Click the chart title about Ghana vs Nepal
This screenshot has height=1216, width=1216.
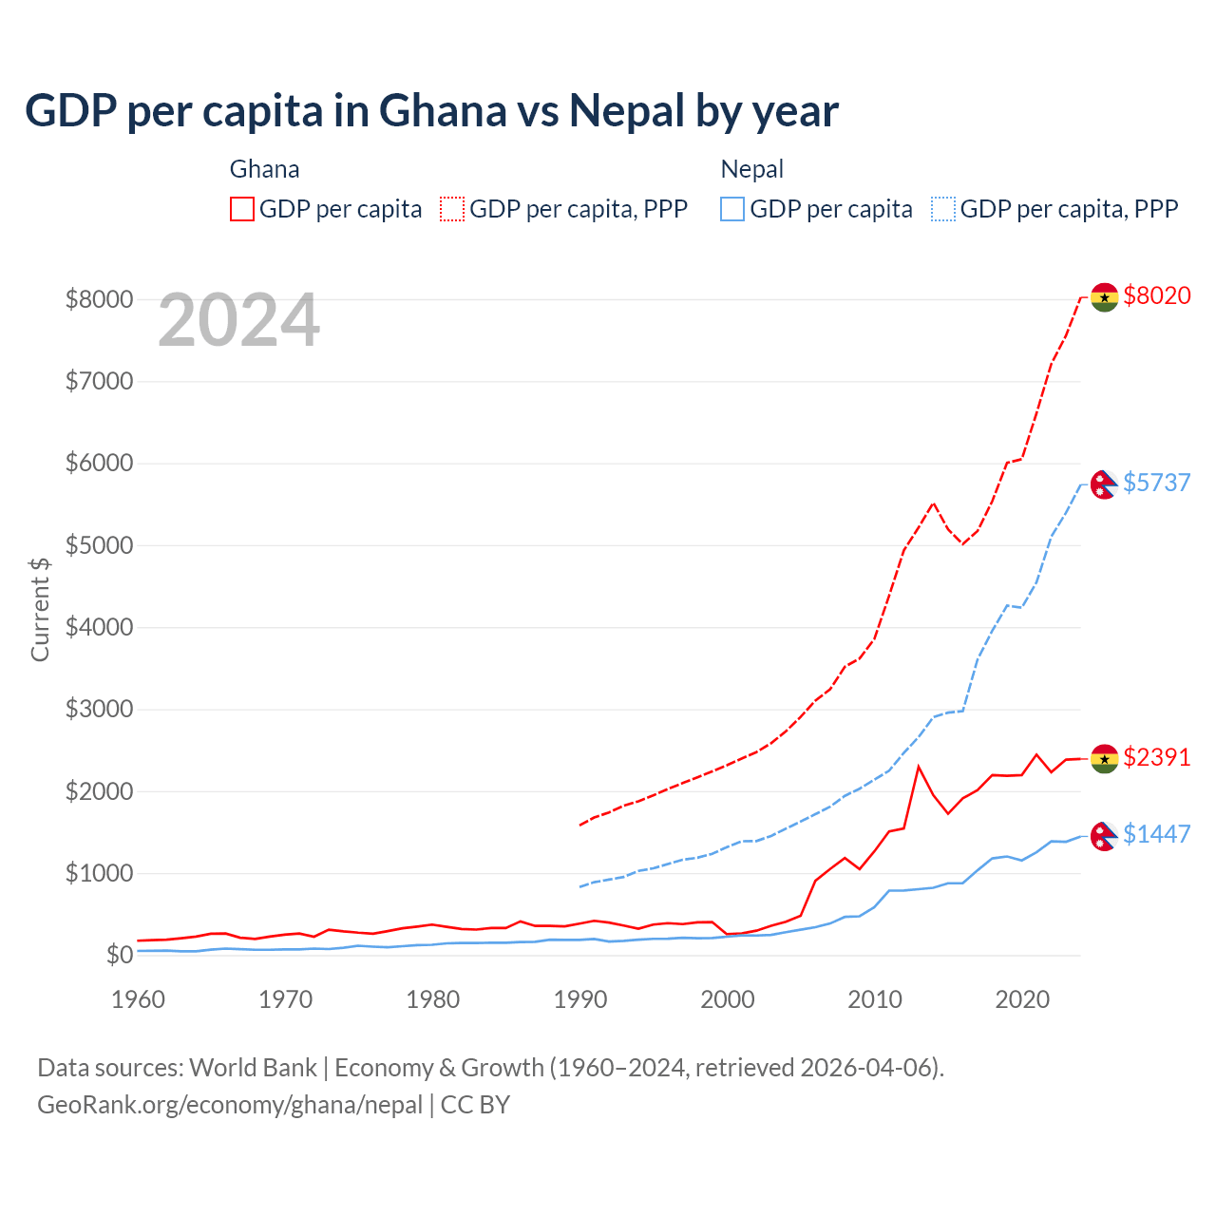pos(431,111)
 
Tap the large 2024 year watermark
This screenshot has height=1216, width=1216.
pos(238,321)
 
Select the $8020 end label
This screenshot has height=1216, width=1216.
pos(1156,295)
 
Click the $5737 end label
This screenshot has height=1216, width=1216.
pos(1156,483)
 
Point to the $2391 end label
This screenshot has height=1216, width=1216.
pos(1156,757)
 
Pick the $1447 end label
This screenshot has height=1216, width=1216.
pos(1156,834)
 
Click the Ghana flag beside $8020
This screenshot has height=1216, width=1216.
pos(1104,297)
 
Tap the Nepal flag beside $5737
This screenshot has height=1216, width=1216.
pos(1103,484)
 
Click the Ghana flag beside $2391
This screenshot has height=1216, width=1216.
pos(1104,759)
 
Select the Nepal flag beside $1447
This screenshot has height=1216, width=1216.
pos(1103,836)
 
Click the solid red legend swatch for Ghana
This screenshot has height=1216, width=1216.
pos(242,209)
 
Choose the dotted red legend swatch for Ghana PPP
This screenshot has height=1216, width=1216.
pos(452,209)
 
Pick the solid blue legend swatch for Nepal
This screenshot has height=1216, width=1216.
pos(732,209)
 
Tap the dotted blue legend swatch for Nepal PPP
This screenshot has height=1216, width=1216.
pos(943,209)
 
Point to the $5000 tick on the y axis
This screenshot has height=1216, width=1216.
pos(99,545)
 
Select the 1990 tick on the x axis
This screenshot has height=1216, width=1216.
pos(580,999)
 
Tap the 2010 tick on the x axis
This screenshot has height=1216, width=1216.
pos(875,999)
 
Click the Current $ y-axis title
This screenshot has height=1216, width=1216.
pos(40,610)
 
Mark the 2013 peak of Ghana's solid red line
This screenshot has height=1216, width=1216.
pos(919,766)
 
